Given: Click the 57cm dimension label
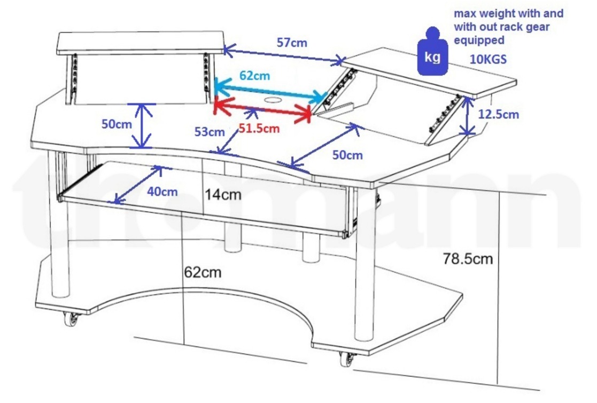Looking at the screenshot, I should click(292, 43).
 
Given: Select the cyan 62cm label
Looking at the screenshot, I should click(254, 75).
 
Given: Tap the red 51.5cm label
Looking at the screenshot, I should click(259, 128).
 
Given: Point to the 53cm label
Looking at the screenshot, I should click(209, 131).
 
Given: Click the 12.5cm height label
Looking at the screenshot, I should click(499, 114).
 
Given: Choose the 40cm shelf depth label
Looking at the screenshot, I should click(162, 191).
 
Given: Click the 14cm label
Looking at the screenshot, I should click(223, 195).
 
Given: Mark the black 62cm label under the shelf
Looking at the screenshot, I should click(203, 272).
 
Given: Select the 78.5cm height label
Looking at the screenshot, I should click(468, 259).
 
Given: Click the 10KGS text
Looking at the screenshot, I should click(488, 59).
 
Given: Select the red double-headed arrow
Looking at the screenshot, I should click(262, 109).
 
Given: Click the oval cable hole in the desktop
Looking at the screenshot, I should click(273, 100).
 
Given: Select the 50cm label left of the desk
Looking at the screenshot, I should click(117, 124).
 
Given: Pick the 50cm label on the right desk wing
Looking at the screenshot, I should click(347, 155).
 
